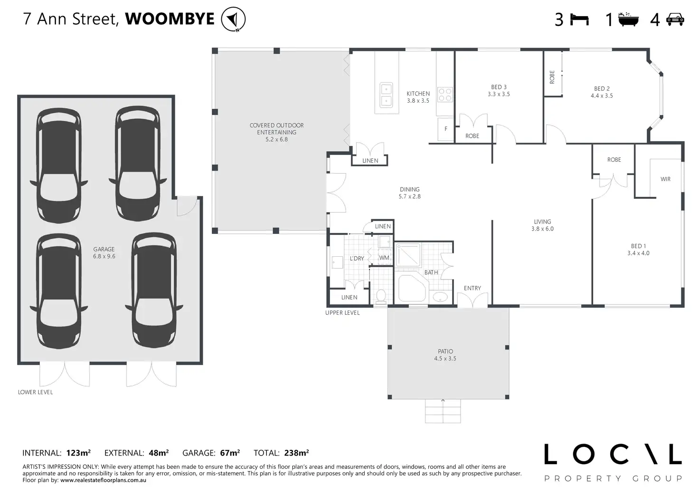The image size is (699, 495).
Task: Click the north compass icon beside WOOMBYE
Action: coord(233,19)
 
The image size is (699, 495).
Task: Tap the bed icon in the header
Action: coord(579,19)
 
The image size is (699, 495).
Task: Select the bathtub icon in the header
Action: coord(628,19)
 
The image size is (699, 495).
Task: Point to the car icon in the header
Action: coord(675,19)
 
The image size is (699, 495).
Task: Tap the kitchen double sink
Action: coord(387,95)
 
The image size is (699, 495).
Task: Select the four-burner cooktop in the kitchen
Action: coord(445,94)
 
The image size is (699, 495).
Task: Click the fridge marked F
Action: coord(445,129)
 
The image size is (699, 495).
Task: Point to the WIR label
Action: coord(665,179)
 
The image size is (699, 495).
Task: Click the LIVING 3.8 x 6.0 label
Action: coord(542,225)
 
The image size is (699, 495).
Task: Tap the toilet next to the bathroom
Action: coord(381,296)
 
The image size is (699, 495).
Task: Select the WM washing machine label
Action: coord(384,258)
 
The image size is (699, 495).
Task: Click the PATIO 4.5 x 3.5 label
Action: coord(445,355)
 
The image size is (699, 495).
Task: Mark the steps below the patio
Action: coord(443,411)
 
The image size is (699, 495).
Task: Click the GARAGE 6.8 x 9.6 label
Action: coord(104,252)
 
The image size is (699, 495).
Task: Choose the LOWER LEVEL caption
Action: coord(35,392)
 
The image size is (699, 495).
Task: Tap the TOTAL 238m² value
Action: coord(296,453)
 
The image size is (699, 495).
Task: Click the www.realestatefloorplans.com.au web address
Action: coord(103,480)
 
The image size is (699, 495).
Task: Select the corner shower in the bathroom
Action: coord(408,255)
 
